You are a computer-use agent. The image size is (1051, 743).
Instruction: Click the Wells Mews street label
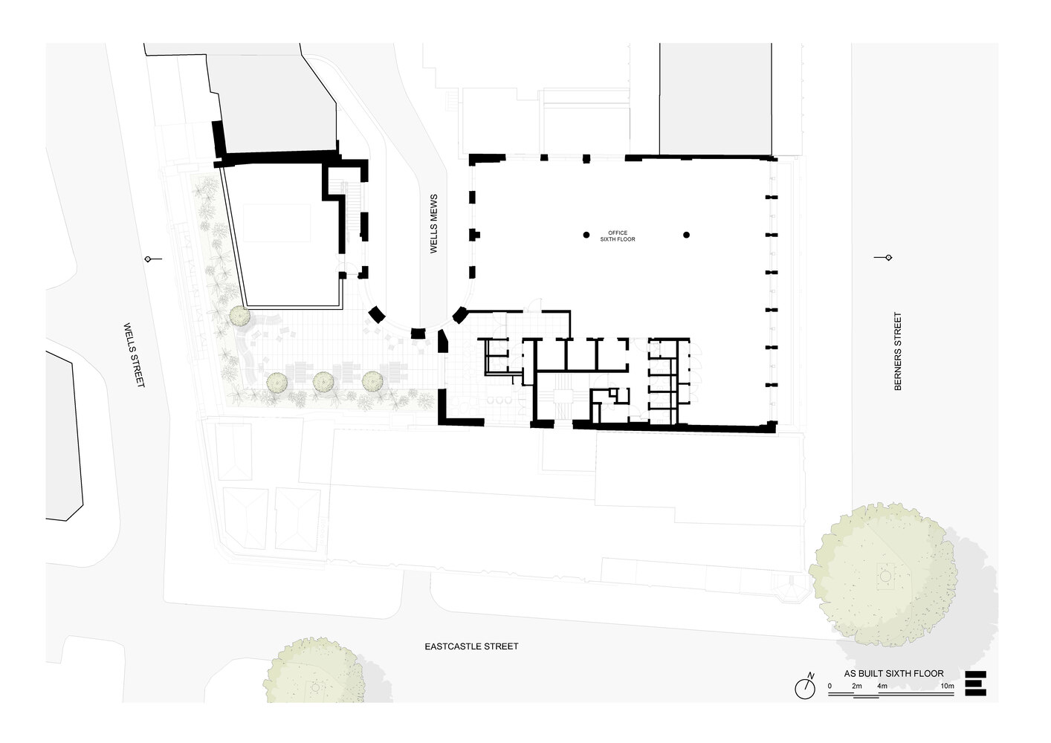pos(433,224)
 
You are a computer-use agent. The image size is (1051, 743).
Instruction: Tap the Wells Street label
pos(135,354)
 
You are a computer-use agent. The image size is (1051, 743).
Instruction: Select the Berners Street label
pos(898,351)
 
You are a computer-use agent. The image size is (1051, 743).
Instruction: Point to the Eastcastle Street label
pos(471,646)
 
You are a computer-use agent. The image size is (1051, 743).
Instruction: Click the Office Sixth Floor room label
pos(618,236)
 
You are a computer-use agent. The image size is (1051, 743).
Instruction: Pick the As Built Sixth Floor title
pos(894,674)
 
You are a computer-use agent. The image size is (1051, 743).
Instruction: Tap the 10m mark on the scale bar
pos(947,686)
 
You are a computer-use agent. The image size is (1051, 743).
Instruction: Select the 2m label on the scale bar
pos(857,686)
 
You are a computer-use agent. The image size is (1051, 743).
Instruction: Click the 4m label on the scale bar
pos(882,686)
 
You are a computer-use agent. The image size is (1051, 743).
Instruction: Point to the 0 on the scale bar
pos(830,686)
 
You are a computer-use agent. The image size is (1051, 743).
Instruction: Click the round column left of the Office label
pos(586,235)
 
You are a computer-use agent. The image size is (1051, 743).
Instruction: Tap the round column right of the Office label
pos(687,235)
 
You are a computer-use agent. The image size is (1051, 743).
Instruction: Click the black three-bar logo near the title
pos(975,684)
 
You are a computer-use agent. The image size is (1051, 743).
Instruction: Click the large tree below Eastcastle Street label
pos(314,670)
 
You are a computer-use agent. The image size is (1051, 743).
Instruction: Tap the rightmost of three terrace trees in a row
pos(372,381)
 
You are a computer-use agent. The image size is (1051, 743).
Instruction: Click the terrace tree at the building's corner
pos(240,316)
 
